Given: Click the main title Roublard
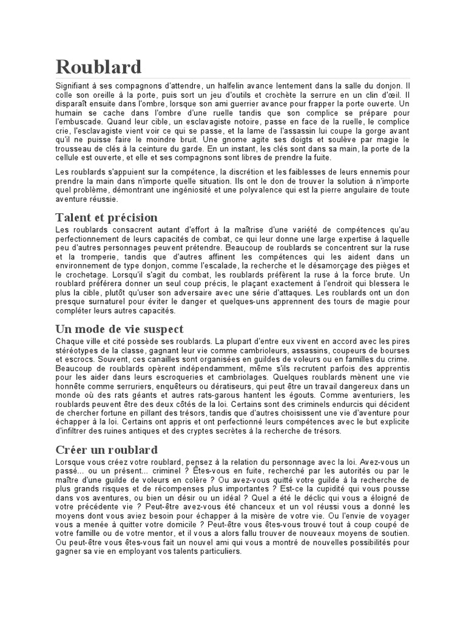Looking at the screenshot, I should (x=98, y=67).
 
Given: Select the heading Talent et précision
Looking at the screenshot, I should (x=106, y=217).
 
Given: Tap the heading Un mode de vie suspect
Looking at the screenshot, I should (x=119, y=329).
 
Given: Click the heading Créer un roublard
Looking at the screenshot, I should (x=106, y=450).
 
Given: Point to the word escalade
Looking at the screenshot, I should (x=214, y=266).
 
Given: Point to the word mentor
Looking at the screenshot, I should (x=145, y=534).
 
